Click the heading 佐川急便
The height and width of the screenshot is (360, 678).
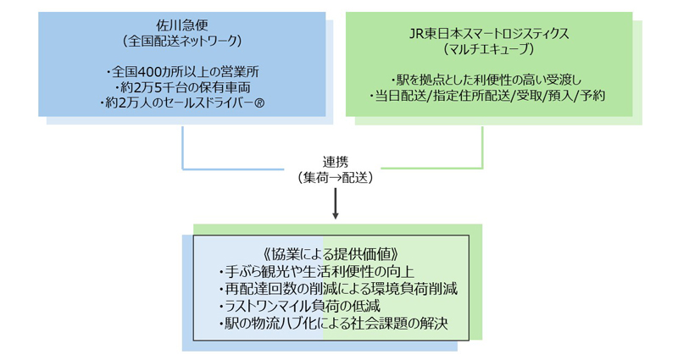click(x=181, y=25)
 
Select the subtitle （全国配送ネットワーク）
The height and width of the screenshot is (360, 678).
click(x=181, y=40)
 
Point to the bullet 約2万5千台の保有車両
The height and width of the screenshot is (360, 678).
click(x=181, y=87)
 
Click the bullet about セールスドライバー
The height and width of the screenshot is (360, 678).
click(x=176, y=104)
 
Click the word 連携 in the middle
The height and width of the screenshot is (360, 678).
click(x=336, y=163)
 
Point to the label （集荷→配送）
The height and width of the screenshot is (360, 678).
click(x=336, y=178)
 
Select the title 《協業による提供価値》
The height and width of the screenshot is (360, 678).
click(x=331, y=254)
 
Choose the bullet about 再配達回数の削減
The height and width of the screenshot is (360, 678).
click(x=338, y=289)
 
